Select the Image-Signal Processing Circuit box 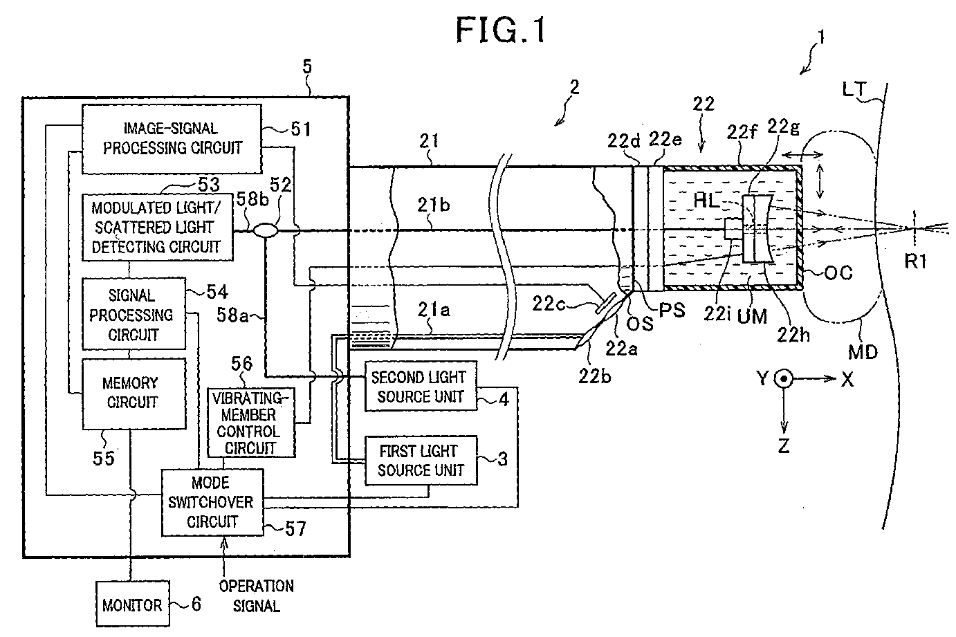(x=172, y=138)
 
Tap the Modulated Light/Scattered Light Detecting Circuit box (x=157, y=227)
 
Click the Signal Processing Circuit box (x=134, y=315)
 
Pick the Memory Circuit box (x=134, y=392)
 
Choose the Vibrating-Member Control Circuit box (x=251, y=422)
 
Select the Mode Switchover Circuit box (x=212, y=502)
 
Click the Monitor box (x=131, y=604)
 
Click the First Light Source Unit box (x=420, y=460)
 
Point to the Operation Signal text (x=256, y=596)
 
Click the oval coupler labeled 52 (x=265, y=230)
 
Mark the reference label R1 (x=914, y=261)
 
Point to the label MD (x=863, y=352)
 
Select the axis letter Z (x=782, y=446)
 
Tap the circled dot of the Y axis (x=784, y=379)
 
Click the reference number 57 (x=295, y=529)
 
